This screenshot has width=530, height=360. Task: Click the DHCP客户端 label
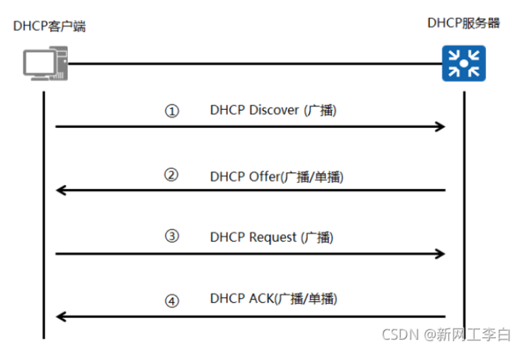pos(49,27)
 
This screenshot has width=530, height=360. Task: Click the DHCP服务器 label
pos(464,23)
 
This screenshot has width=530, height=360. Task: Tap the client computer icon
pos(44,64)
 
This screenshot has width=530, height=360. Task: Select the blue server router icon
pos(464,64)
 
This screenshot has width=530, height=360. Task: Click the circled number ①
pos(172,112)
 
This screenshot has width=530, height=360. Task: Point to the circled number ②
pos(172,176)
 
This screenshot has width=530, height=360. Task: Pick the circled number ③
pos(172,237)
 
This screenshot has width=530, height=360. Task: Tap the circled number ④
pos(172,301)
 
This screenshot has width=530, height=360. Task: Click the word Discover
pos(274,110)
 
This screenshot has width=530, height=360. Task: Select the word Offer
pos(265,177)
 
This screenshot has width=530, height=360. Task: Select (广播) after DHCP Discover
pos(320,110)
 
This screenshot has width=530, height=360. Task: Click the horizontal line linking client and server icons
pos(253,64)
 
